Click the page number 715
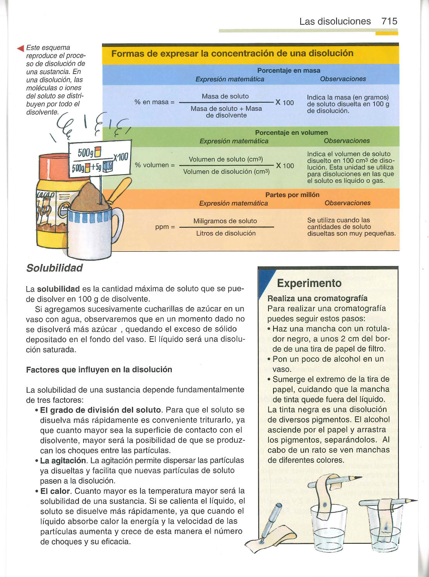tap(389, 21)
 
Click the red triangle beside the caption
tap(21, 48)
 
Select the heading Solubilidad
tap(55, 268)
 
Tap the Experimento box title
tap(309, 283)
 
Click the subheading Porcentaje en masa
tap(289, 70)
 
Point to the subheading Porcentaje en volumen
tap(291, 132)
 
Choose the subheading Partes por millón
tap(292, 195)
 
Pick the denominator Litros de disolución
tap(226, 233)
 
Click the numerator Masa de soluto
tap(225, 96)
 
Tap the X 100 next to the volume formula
tap(284, 166)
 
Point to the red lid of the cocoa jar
tap(54, 167)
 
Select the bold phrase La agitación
tap(63, 460)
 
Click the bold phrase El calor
tap(55, 491)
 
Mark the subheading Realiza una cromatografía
tap(317, 298)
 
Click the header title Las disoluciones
tap(335, 21)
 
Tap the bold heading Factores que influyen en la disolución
tap(99, 369)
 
